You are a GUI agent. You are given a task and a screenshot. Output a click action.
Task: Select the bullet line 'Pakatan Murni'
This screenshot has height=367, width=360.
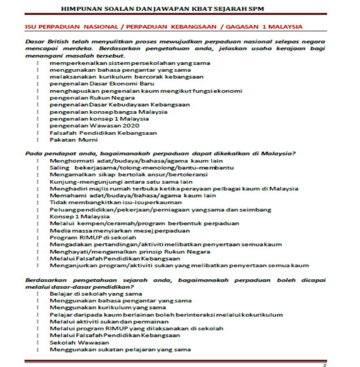point(74,140)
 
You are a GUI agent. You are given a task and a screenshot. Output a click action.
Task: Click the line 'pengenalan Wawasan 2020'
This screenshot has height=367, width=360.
point(94,126)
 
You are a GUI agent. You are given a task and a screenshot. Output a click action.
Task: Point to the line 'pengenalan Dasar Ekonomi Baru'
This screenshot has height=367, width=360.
point(102,84)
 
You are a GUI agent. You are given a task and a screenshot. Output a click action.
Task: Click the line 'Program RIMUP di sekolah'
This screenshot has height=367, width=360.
point(93,238)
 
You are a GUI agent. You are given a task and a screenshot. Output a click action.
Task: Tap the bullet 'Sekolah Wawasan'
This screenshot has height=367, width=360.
point(79,343)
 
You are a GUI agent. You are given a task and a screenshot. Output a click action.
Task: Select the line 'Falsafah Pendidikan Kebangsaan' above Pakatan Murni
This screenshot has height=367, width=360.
point(103,133)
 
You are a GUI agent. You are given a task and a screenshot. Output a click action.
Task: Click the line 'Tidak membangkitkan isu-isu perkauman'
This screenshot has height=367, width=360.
point(115,202)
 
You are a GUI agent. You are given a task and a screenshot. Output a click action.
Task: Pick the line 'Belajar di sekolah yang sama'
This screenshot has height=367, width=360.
point(96,294)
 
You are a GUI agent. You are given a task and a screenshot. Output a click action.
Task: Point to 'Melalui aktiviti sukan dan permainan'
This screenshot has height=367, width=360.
point(109,322)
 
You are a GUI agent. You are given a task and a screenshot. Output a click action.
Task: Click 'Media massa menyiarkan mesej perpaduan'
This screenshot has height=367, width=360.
point(120,231)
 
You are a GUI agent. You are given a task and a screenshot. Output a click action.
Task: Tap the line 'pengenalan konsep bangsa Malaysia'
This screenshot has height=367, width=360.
point(108,112)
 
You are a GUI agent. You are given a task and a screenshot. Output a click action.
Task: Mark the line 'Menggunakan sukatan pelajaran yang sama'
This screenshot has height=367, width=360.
point(120,350)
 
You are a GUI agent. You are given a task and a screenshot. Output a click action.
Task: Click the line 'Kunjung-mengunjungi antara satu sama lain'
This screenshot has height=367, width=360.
point(121,182)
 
